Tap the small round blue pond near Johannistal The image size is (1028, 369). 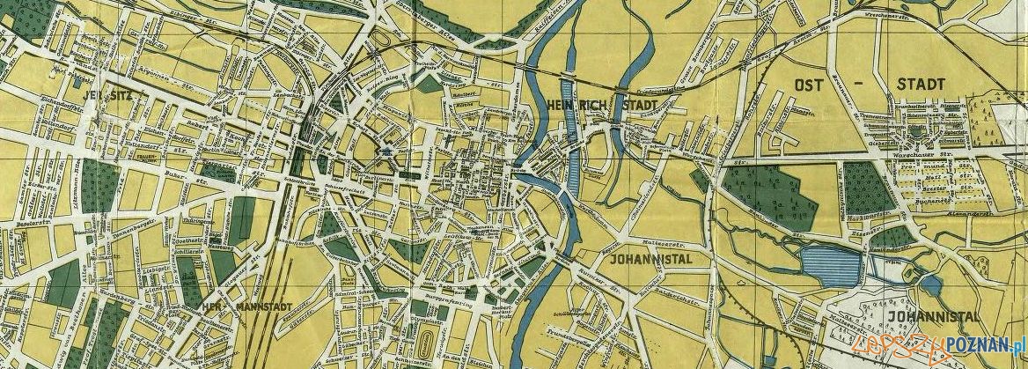[x=929, y=284]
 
